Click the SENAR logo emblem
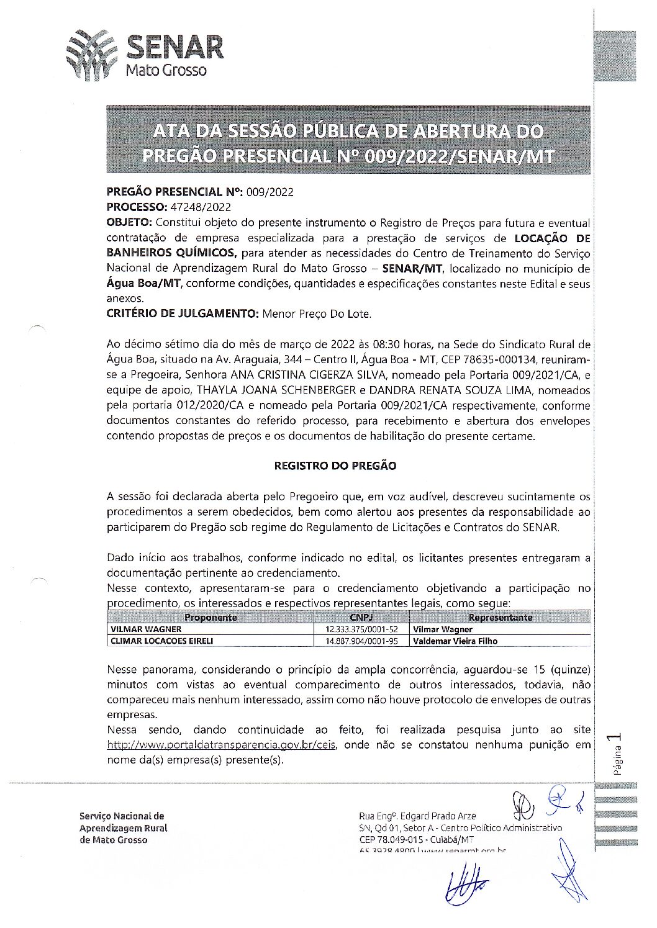(x=91, y=55)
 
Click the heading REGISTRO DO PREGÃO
(x=335, y=466)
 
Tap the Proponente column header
(x=211, y=618)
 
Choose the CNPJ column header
(x=361, y=618)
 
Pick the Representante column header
(x=501, y=618)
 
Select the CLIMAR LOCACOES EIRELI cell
(x=161, y=641)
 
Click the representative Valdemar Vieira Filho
(x=455, y=641)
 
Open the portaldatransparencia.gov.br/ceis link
(x=222, y=745)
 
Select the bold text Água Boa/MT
(x=144, y=284)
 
